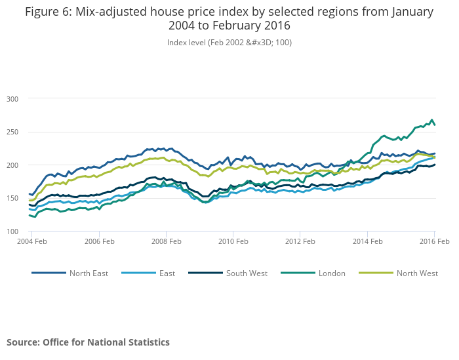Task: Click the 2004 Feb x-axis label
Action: (31, 242)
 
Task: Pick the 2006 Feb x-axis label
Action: (98, 242)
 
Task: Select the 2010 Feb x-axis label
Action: (233, 242)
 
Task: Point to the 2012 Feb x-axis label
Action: (300, 242)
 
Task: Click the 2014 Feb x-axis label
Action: (367, 242)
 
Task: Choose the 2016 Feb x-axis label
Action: (433, 242)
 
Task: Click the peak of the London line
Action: (431, 120)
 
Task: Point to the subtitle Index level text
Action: (229, 42)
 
